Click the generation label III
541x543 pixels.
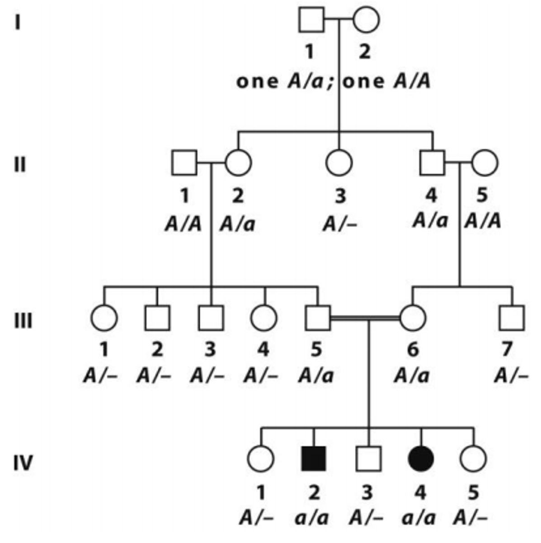tap(23, 320)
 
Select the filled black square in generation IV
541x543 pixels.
tap(313, 458)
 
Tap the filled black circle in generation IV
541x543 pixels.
tap(421, 458)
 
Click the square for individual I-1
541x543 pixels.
tap(311, 20)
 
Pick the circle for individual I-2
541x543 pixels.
tap(366, 20)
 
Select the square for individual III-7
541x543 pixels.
tap(512, 318)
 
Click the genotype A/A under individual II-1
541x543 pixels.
tap(183, 224)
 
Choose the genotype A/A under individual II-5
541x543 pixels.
tap(483, 221)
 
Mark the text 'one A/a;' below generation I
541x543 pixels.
tap(285, 81)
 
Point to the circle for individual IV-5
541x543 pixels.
tap(473, 458)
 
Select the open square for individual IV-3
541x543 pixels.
tap(368, 458)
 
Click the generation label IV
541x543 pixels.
tap(23, 462)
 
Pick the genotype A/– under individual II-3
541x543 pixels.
tap(339, 224)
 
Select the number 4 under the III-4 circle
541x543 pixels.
tap(263, 350)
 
